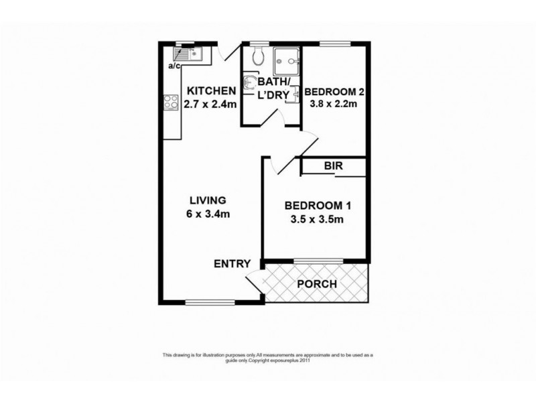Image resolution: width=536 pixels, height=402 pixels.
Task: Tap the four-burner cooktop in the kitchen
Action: click(167, 104)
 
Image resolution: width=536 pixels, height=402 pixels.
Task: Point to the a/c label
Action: click(174, 66)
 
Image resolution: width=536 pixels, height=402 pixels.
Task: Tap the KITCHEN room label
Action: click(210, 91)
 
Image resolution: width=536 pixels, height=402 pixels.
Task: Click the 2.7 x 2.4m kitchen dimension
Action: click(210, 104)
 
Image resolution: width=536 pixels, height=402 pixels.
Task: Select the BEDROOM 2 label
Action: click(333, 91)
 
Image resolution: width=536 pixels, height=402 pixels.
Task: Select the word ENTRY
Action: click(232, 263)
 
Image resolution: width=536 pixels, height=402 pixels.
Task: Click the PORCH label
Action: click(318, 283)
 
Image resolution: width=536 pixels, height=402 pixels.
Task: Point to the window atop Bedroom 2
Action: click(333, 44)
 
